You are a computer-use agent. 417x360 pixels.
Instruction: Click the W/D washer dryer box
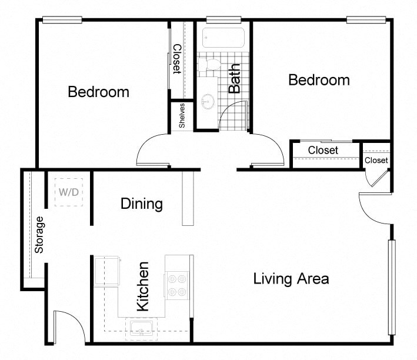68,192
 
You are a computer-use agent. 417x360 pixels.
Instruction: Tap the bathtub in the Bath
223,38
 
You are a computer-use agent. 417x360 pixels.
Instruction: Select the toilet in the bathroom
209,64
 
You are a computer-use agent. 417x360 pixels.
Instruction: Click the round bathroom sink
206,102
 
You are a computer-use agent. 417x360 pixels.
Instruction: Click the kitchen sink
141,328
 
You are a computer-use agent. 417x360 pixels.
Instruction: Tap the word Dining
141,204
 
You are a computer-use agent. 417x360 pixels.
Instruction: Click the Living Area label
291,278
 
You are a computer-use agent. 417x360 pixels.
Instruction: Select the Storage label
39,235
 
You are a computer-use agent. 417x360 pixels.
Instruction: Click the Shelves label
182,115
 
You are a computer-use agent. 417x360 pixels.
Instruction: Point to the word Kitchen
142,286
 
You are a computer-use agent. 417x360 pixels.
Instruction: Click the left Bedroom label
98,92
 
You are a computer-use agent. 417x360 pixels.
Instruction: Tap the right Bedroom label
319,80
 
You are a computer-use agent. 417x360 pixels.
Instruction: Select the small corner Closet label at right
376,160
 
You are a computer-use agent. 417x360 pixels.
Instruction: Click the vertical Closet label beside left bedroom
176,59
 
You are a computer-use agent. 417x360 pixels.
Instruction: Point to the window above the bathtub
223,20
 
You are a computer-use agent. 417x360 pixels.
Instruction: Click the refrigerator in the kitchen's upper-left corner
108,270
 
